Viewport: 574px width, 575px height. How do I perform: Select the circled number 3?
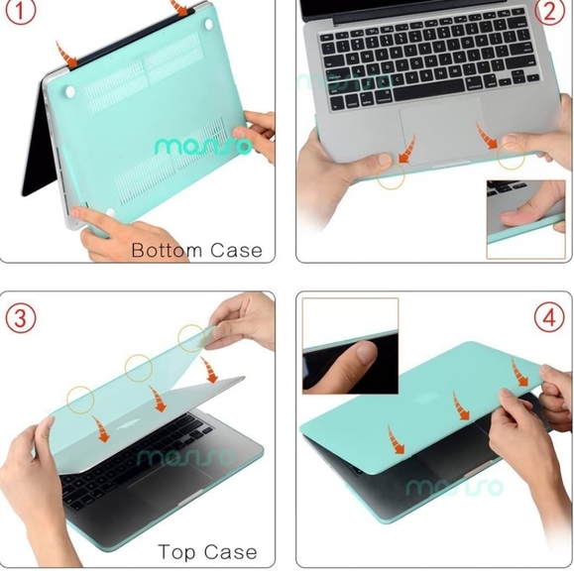(22, 319)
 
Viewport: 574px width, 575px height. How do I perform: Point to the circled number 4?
(552, 319)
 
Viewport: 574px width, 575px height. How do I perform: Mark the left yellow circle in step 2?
(390, 176)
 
